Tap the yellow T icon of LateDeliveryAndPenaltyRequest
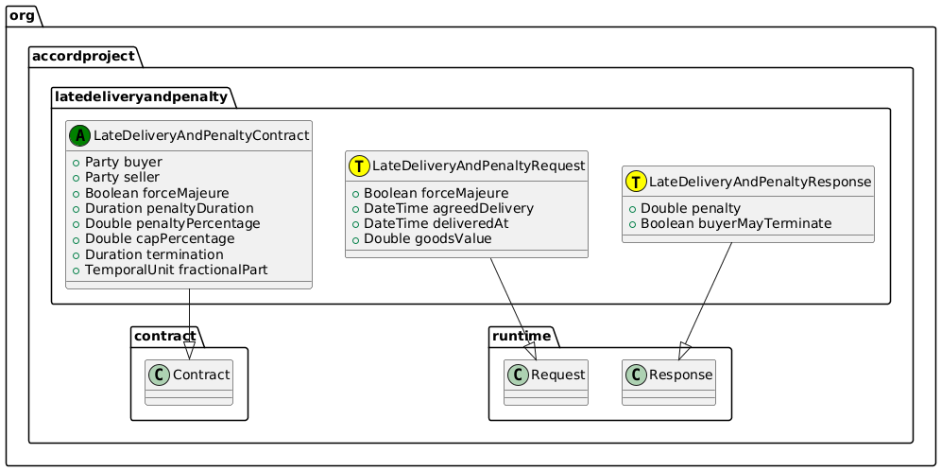point(360,166)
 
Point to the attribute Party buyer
point(123,162)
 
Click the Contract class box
point(189,382)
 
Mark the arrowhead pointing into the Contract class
point(189,351)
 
